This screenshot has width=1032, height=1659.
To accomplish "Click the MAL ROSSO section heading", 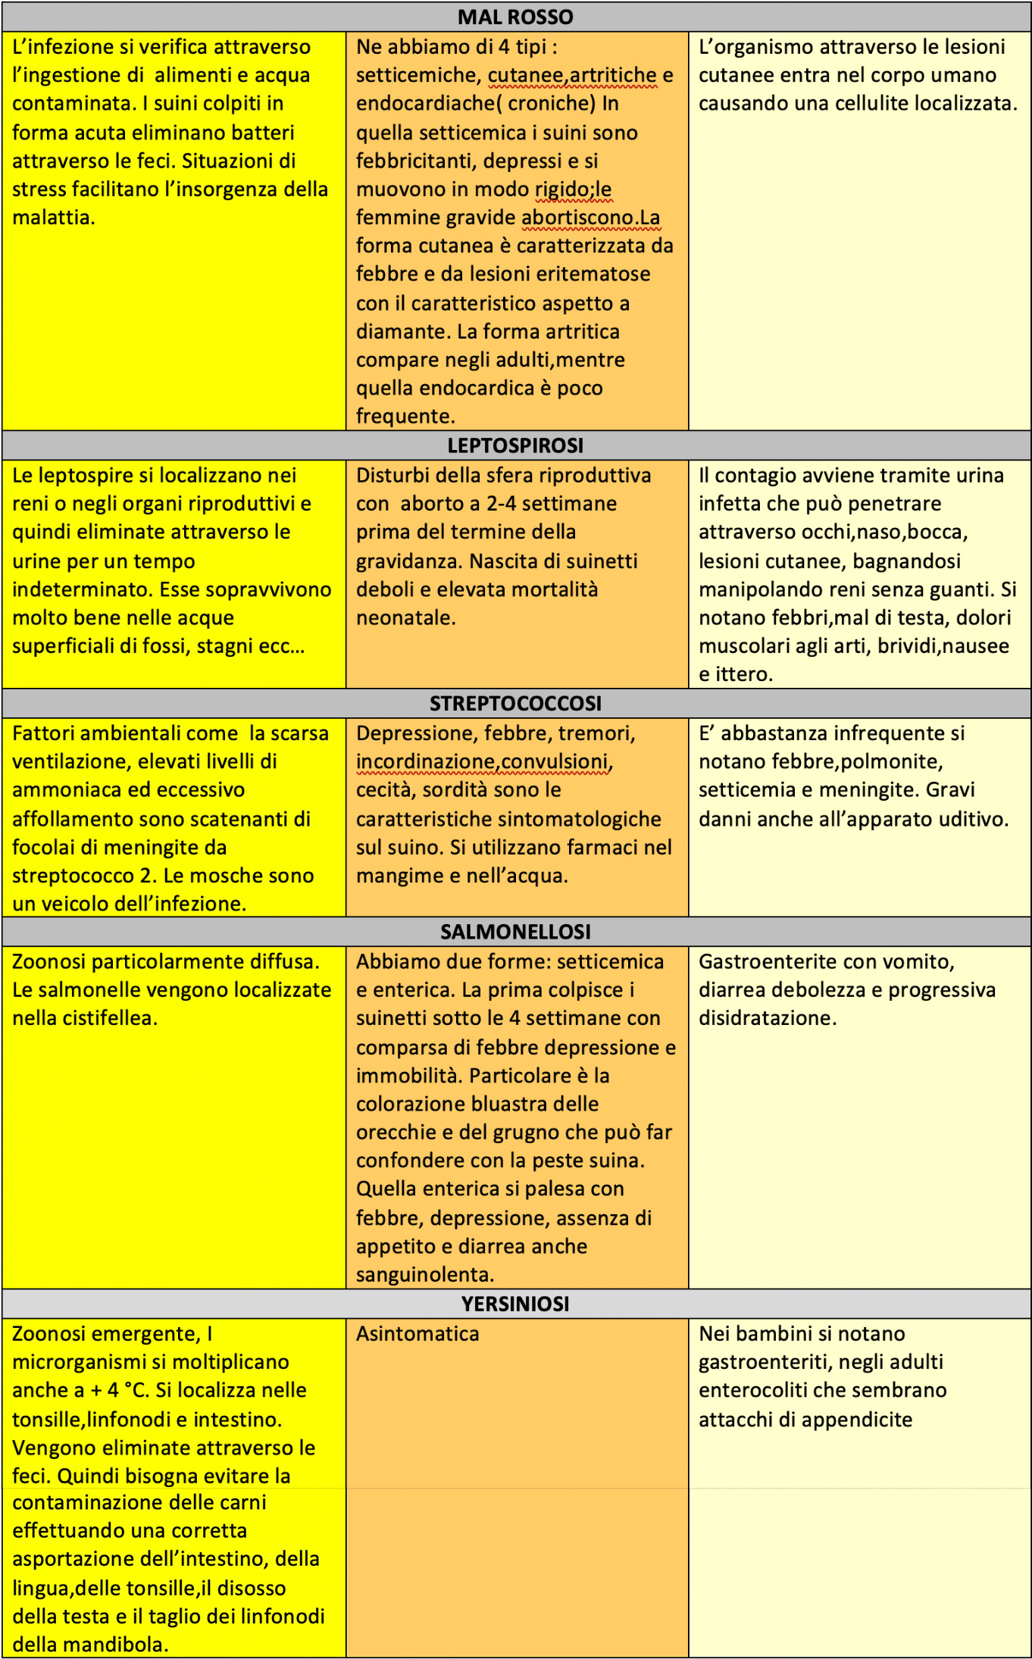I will (515, 17).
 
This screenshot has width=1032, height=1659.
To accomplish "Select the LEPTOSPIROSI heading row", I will (515, 445).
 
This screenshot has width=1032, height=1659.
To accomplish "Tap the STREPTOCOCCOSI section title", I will (515, 704).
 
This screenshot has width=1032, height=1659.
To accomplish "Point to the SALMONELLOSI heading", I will (515, 932).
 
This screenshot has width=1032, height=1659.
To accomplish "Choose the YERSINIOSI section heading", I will (515, 1304).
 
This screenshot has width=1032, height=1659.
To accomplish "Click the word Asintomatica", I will (417, 1334).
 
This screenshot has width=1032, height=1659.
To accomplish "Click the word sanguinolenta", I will (424, 1275).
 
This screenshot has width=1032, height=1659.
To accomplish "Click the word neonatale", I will (405, 618).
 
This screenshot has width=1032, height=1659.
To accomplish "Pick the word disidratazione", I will (767, 1018).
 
